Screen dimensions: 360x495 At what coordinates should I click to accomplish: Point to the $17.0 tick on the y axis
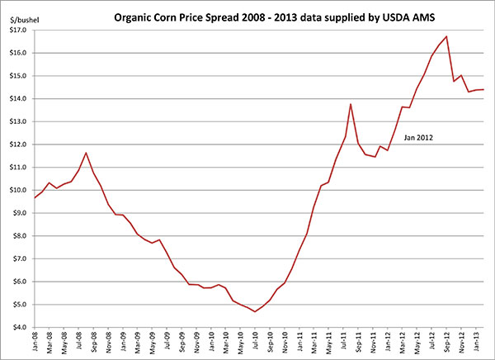click(x=16, y=30)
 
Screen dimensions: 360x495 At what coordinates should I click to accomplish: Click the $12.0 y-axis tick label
click(x=16, y=144)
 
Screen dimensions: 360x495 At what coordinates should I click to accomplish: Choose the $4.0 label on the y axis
click(x=18, y=328)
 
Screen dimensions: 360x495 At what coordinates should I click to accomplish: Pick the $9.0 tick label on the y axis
click(x=18, y=213)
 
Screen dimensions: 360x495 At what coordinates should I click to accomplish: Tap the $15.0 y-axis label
click(x=16, y=76)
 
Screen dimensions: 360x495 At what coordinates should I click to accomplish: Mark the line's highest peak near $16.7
click(x=446, y=36)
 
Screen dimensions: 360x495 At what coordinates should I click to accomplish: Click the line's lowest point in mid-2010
click(x=255, y=311)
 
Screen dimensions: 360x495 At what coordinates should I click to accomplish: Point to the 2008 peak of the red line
click(x=86, y=153)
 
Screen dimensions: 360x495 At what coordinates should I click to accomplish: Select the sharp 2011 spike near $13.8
click(x=351, y=104)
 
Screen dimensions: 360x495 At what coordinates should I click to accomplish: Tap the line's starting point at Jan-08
click(x=35, y=198)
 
